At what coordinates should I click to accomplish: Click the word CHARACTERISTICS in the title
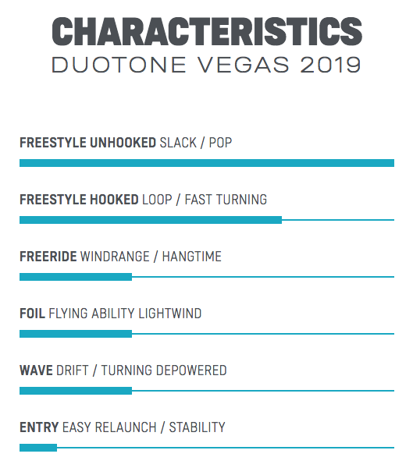click(x=207, y=31)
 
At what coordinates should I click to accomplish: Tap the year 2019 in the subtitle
click(x=331, y=65)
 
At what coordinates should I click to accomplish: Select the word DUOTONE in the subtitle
click(x=119, y=65)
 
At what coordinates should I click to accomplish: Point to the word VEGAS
click(x=244, y=65)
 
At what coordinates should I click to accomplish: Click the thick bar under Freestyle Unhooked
click(x=207, y=163)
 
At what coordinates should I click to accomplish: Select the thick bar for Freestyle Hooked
click(x=151, y=220)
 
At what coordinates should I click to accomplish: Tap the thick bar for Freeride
click(x=76, y=277)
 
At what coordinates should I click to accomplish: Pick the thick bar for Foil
click(x=76, y=334)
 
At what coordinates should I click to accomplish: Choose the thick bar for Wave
click(x=76, y=391)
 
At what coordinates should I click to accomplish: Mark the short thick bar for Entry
click(x=38, y=448)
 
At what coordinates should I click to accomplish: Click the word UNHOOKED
click(x=123, y=143)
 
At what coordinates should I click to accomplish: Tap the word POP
click(x=220, y=143)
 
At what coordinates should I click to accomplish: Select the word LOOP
click(x=157, y=200)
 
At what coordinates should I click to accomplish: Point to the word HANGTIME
click(x=191, y=257)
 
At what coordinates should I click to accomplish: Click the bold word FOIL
click(x=33, y=314)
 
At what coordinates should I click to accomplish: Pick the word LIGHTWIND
click(x=170, y=314)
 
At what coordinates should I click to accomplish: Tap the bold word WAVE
click(x=36, y=370)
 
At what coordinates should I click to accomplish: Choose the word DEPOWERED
click(x=191, y=370)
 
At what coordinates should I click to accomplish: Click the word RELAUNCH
click(x=126, y=427)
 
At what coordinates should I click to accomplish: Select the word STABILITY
click(x=197, y=427)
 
